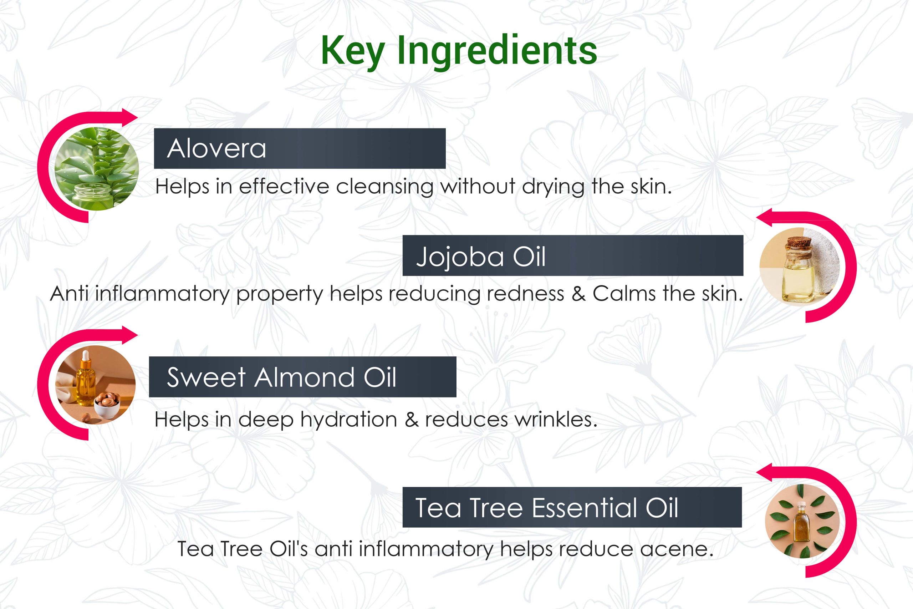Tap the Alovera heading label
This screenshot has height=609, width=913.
(216, 148)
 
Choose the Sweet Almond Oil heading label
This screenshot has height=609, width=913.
(282, 377)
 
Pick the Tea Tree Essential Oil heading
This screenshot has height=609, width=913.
(547, 507)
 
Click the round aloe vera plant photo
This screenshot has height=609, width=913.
(97, 168)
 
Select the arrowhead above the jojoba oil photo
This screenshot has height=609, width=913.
(765, 218)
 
